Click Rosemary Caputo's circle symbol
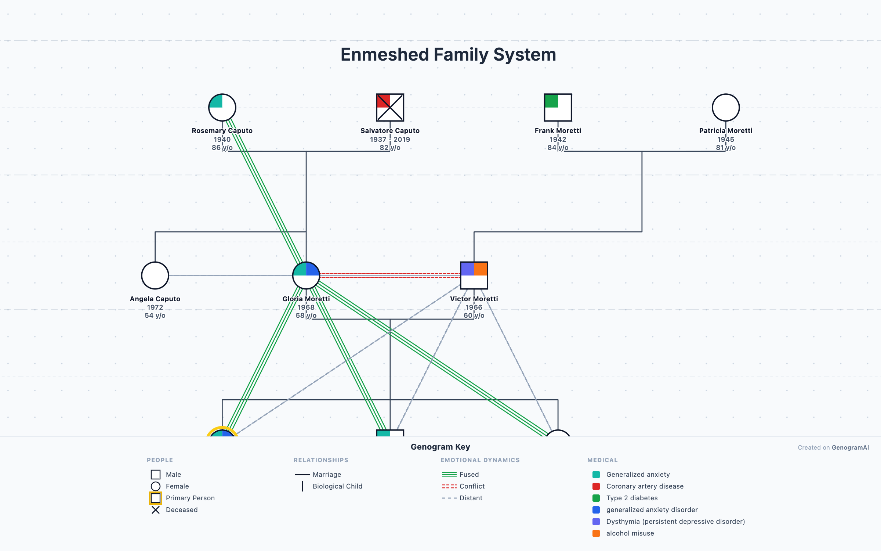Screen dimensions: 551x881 click(222, 107)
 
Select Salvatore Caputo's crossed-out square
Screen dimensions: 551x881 click(390, 107)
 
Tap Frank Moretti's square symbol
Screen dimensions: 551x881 click(558, 107)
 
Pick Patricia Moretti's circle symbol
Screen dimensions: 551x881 click(725, 107)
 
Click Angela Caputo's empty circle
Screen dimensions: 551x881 click(155, 275)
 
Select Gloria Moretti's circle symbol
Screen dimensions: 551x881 click(306, 275)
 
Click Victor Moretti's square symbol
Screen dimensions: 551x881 click(474, 275)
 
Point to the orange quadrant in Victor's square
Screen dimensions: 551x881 click(481, 269)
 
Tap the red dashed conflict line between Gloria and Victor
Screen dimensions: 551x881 click(389, 275)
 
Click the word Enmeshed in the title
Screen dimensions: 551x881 click(384, 54)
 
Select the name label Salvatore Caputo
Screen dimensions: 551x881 click(390, 130)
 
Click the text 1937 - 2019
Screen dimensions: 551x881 click(390, 139)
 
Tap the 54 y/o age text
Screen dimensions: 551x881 click(155, 315)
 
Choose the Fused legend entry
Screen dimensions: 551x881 click(469, 474)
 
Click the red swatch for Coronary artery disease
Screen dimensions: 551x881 click(596, 486)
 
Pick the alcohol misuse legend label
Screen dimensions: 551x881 click(630, 533)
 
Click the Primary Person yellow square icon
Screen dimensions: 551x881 click(156, 498)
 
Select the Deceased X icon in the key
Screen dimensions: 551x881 click(156, 509)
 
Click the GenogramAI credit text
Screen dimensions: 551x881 click(850, 447)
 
